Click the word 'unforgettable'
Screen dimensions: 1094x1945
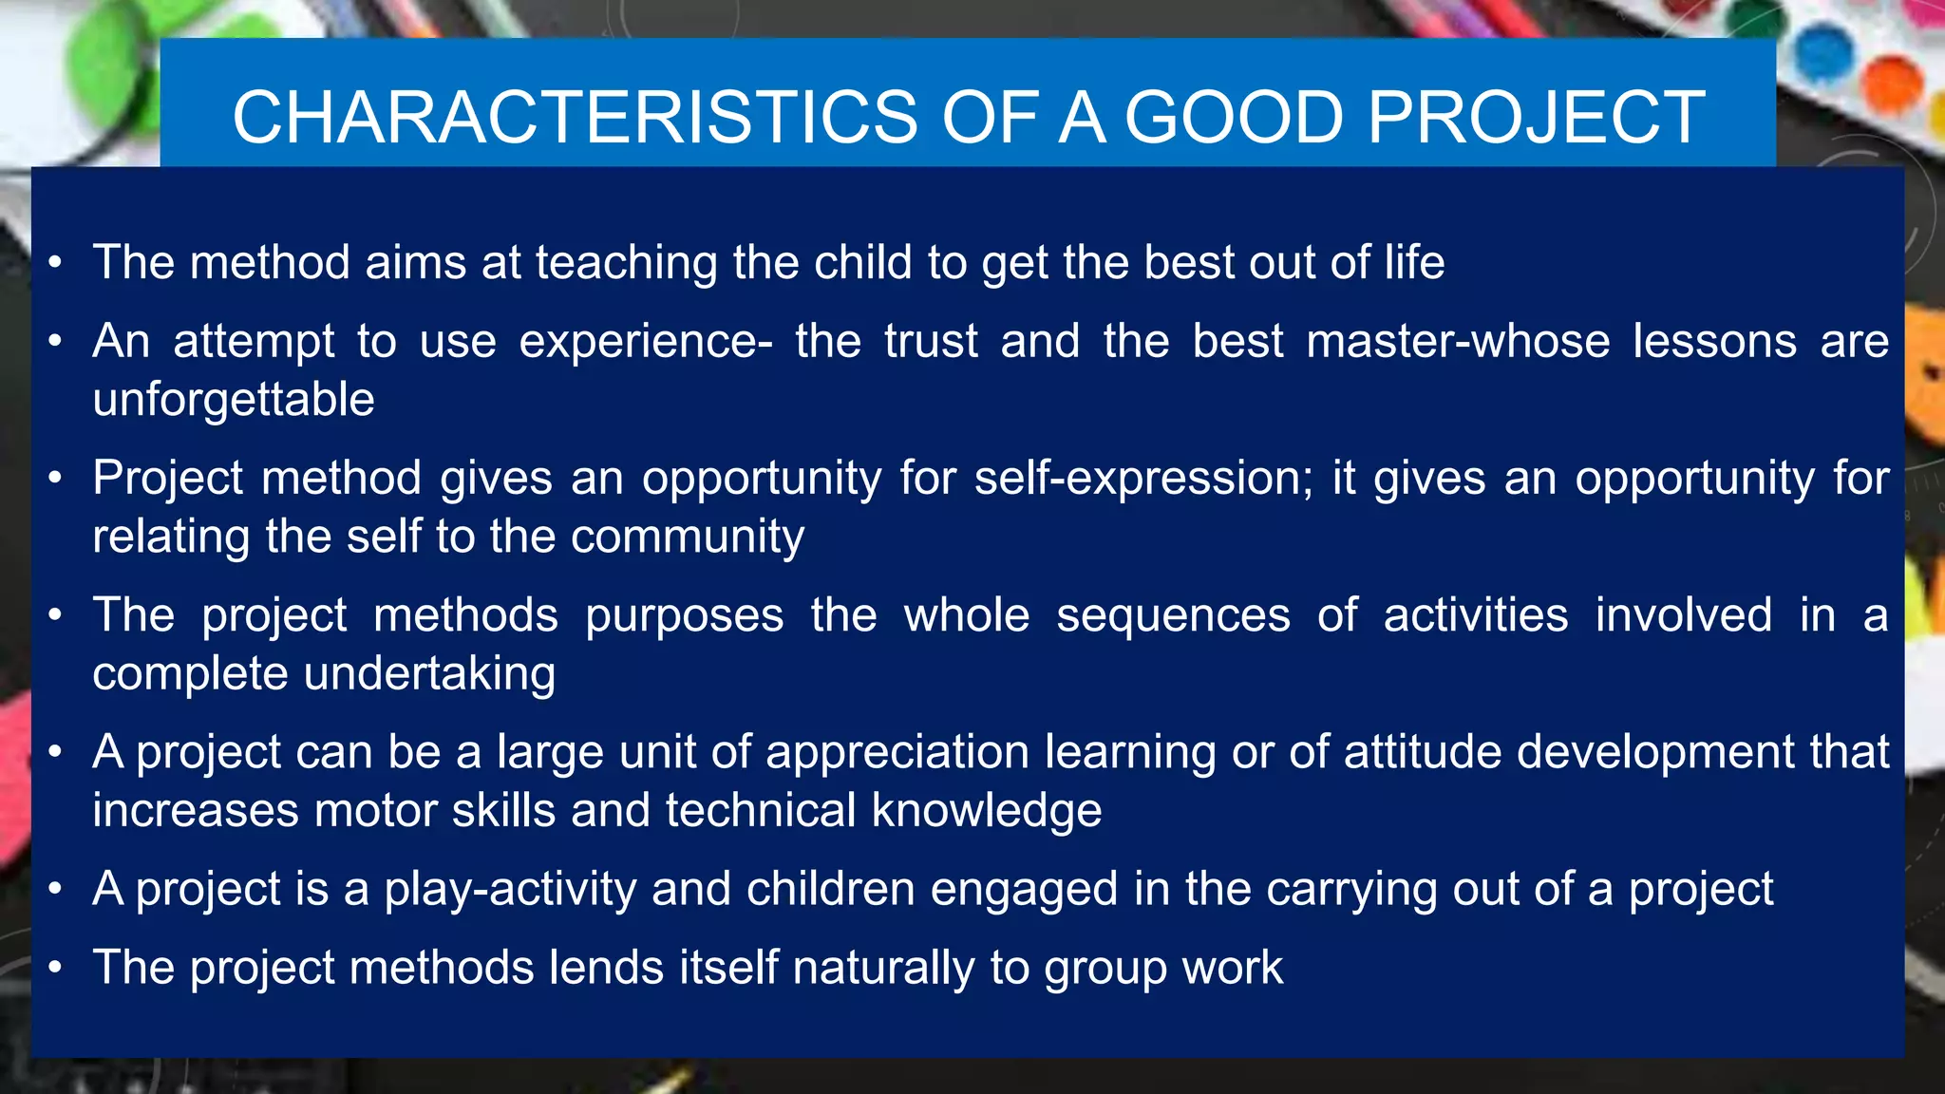click(234, 400)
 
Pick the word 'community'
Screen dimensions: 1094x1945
click(688, 537)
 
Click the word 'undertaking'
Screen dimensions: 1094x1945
click(429, 674)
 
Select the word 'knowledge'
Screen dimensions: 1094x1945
click(987, 811)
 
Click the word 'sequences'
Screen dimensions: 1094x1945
click(1173, 615)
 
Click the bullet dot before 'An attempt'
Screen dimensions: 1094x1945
click(56, 341)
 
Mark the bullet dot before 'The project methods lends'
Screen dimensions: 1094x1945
click(56, 968)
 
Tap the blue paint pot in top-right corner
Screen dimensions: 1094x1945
click(1823, 52)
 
